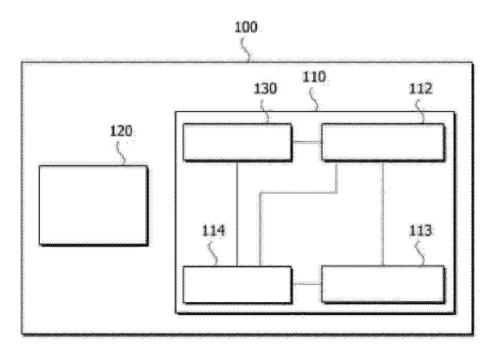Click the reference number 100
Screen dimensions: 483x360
point(246,27)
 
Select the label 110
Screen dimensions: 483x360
point(314,77)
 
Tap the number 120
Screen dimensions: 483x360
point(121,131)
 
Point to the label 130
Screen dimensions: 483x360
point(265,88)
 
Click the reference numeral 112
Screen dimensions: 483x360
point(421,88)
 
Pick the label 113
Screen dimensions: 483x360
point(421,230)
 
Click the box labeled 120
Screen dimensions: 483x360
point(93,206)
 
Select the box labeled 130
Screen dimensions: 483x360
point(237,143)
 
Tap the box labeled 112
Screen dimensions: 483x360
point(383,143)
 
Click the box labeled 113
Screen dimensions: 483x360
point(383,284)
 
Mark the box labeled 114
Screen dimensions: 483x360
point(237,285)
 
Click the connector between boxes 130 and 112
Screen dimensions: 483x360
point(307,143)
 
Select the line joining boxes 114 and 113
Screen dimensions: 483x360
point(307,284)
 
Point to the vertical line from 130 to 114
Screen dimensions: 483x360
point(237,214)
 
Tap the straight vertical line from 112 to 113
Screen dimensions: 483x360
point(383,213)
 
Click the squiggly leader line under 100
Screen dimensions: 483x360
point(247,49)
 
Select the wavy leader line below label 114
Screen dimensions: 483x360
point(214,254)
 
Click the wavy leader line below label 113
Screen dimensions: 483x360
point(420,254)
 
